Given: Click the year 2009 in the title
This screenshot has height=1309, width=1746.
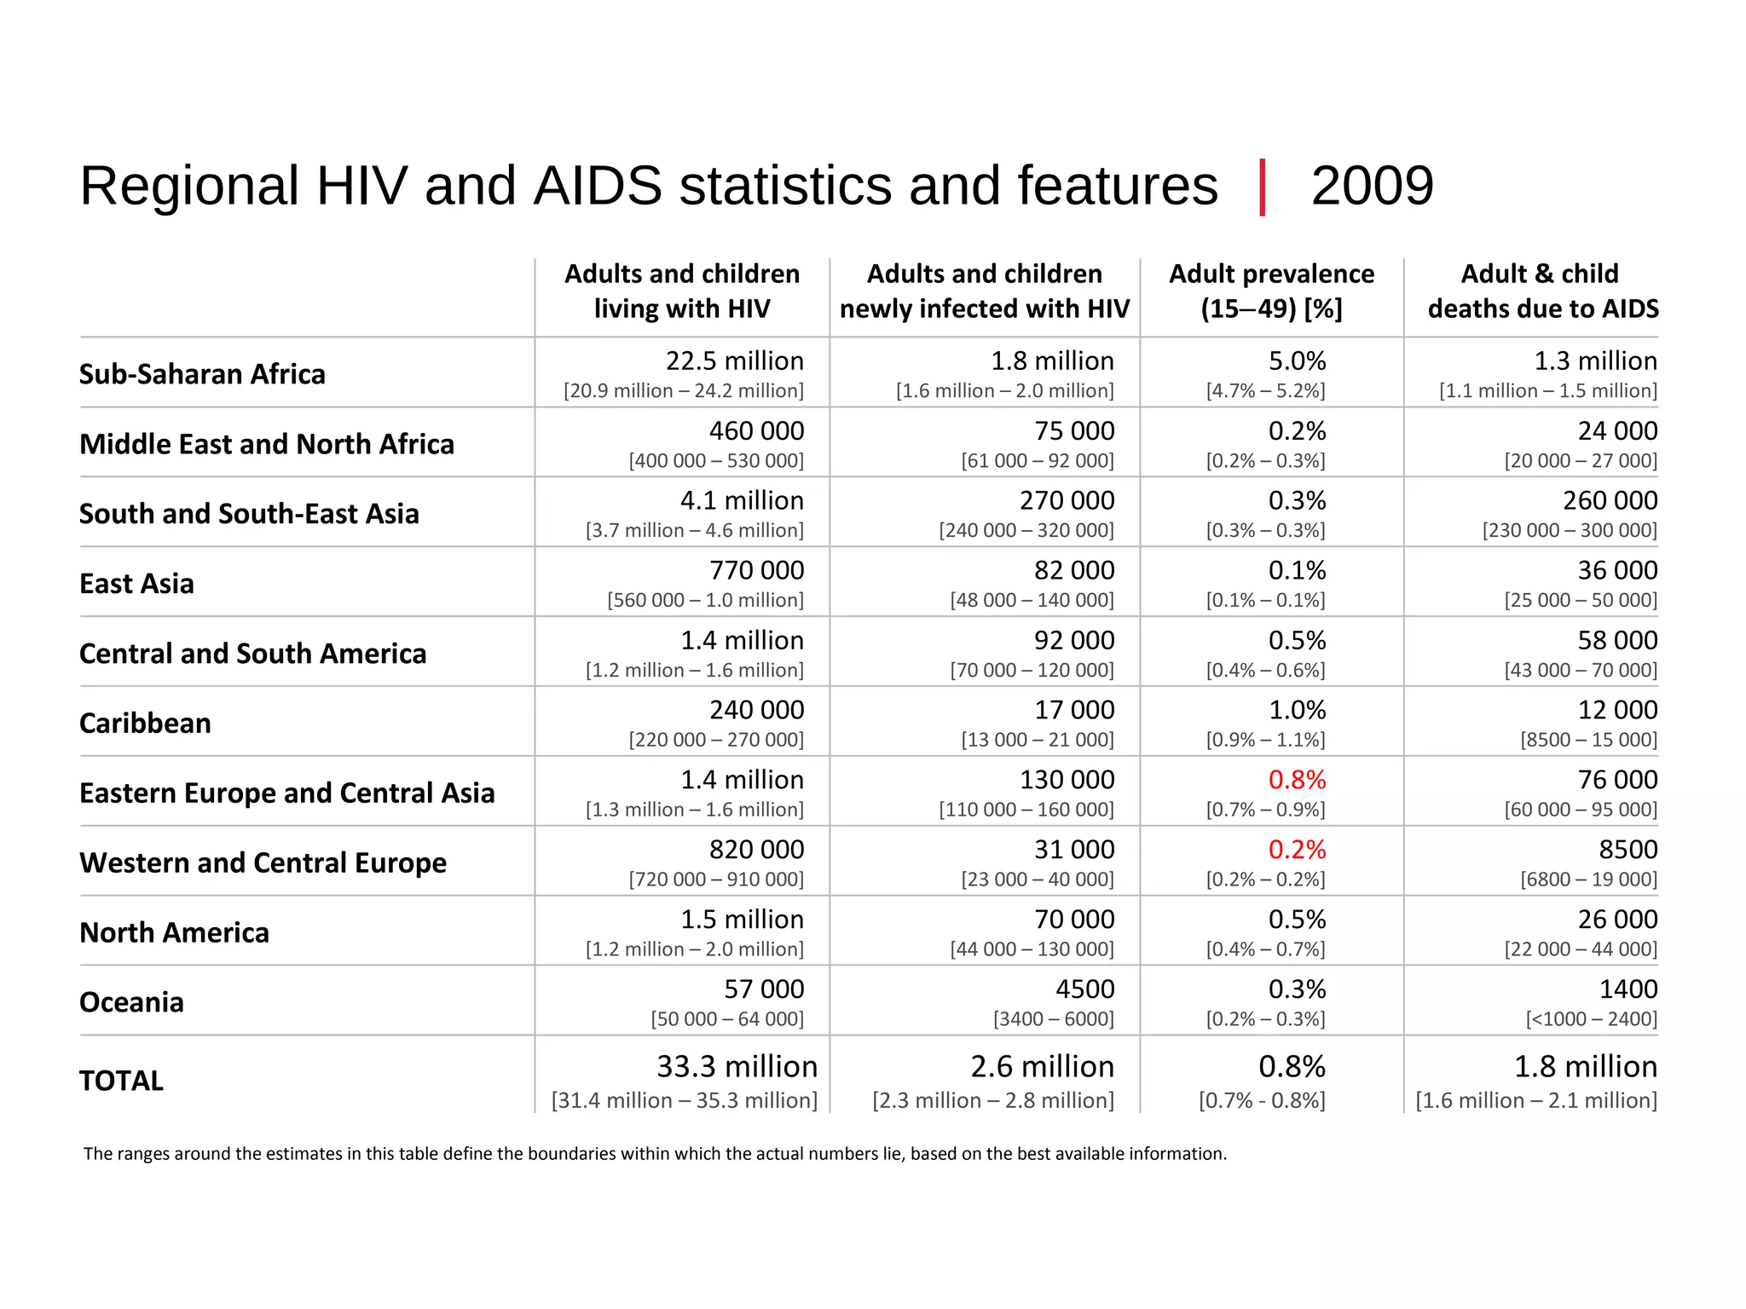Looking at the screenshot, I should [x=1372, y=186].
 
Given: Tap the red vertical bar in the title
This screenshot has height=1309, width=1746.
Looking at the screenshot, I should [x=1262, y=187].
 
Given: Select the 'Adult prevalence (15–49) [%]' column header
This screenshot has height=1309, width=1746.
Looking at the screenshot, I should [x=1271, y=291].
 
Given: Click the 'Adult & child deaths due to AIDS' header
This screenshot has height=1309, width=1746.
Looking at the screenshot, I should [x=1542, y=291].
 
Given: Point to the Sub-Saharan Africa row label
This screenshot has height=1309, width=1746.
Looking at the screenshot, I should [x=202, y=374].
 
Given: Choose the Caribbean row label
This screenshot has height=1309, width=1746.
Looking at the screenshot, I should [x=145, y=724].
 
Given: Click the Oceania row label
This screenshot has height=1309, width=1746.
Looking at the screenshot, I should [x=131, y=1002].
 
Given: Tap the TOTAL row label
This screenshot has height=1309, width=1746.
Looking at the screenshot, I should [x=121, y=1081].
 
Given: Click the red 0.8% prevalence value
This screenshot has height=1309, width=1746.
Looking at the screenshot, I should [x=1297, y=780].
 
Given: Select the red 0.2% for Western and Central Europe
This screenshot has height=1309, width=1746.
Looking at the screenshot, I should [x=1297, y=850].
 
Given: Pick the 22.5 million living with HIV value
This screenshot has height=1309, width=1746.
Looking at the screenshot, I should [x=734, y=361].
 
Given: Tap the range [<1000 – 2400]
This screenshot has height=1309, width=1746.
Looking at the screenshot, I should [x=1591, y=1019].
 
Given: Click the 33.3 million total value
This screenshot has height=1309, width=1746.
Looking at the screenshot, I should [x=737, y=1067].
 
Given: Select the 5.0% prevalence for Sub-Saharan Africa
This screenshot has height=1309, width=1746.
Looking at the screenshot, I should [x=1297, y=361].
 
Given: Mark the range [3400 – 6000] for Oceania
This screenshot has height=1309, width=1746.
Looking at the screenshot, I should [x=1053, y=1019].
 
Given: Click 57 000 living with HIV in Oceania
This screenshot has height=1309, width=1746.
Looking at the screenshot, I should [x=764, y=989].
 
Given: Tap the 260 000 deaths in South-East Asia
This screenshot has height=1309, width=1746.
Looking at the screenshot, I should [x=1610, y=500].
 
